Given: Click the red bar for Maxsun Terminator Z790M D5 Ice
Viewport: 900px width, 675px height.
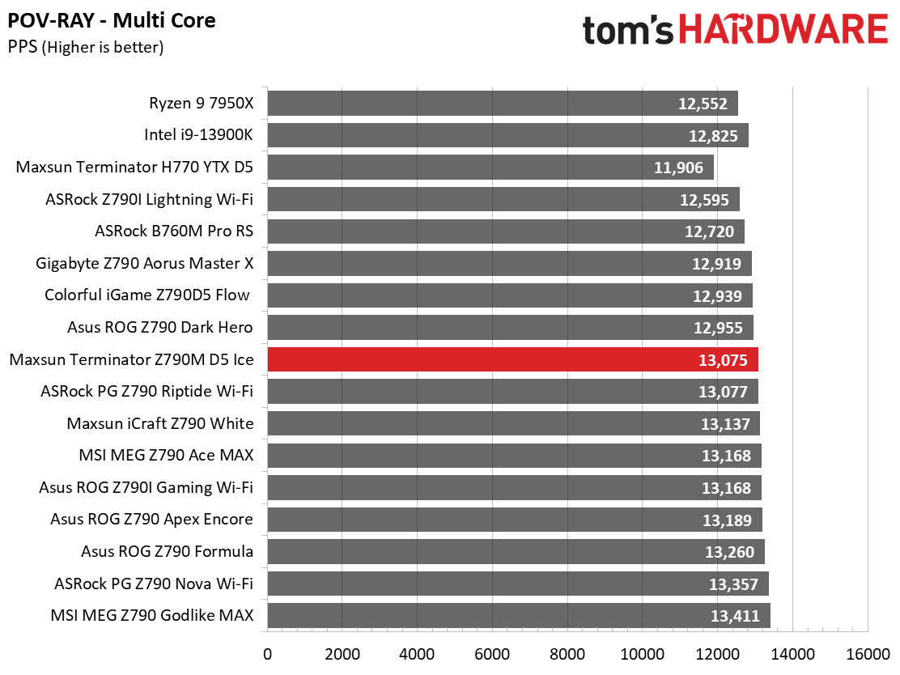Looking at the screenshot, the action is coord(512,359).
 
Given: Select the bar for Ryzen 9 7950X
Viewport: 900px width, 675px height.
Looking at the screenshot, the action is coord(503,104).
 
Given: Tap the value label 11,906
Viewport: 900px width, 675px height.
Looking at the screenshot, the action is coord(678,168).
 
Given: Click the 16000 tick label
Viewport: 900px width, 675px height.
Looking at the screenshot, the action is coord(868,654).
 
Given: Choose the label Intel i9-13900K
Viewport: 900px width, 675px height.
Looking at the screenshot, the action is coord(198,135).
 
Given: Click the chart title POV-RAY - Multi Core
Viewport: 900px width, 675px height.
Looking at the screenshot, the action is coord(112,21).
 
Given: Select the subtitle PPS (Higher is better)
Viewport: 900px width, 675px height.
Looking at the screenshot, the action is coord(86,47).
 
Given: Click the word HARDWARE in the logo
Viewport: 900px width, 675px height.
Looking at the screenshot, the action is coord(784,29).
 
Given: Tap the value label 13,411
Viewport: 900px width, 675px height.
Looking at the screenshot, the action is coord(735,616).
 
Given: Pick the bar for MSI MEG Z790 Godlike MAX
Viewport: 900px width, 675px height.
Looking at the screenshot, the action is coord(519,615).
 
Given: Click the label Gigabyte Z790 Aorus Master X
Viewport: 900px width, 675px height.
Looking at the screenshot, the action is coord(145,264).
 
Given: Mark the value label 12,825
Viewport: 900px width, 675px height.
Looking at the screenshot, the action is coord(714,136).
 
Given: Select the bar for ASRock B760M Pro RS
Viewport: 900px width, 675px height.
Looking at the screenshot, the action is coord(506,231).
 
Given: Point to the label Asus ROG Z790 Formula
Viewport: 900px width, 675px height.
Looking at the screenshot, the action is coord(167,552).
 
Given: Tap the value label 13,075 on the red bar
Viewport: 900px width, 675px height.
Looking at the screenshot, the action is coord(723,360).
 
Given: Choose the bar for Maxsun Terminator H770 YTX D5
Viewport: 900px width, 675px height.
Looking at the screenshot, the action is coord(490,167).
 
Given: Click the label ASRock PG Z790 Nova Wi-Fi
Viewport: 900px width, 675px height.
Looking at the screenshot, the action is coord(154,584).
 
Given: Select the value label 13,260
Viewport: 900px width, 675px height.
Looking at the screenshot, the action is coord(729,552).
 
